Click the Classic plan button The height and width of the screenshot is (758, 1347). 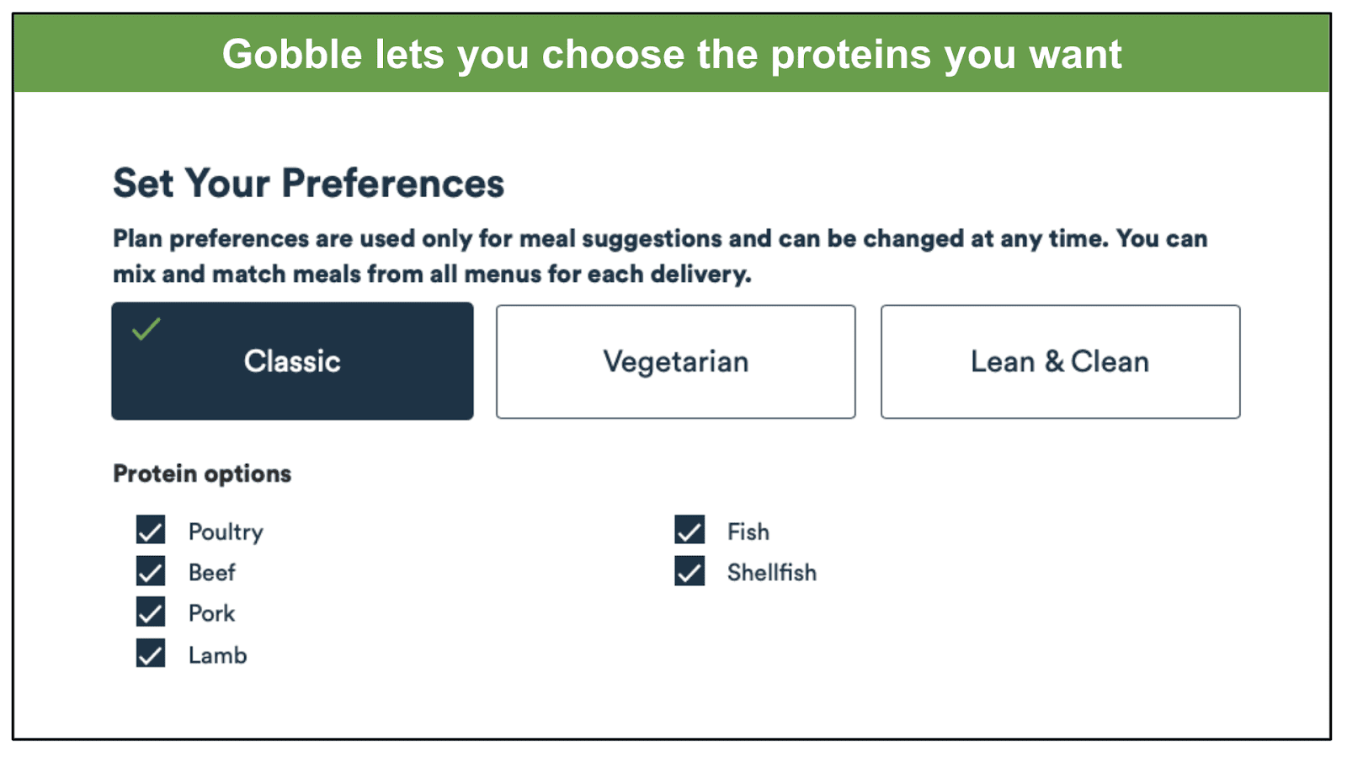tap(292, 361)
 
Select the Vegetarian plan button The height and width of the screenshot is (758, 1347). tap(676, 361)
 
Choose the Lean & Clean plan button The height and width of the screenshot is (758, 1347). tap(1060, 361)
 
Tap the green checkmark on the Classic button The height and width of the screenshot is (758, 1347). tap(146, 329)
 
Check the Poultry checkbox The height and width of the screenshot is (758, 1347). tap(151, 530)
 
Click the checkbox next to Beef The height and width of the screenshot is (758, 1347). tap(151, 571)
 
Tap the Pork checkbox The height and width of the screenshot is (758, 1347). tap(151, 611)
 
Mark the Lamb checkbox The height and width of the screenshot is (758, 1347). tap(151, 654)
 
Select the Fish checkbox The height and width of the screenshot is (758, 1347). tap(689, 530)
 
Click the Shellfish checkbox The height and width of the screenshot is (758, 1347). tap(689, 571)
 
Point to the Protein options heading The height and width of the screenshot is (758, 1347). tap(202, 474)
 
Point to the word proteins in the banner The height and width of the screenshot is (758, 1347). tap(851, 56)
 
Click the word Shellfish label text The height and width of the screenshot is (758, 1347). tap(772, 572)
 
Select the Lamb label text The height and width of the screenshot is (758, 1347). tap(218, 655)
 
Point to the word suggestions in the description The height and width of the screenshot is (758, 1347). tap(652, 239)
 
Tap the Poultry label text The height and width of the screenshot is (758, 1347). tap(226, 532)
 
